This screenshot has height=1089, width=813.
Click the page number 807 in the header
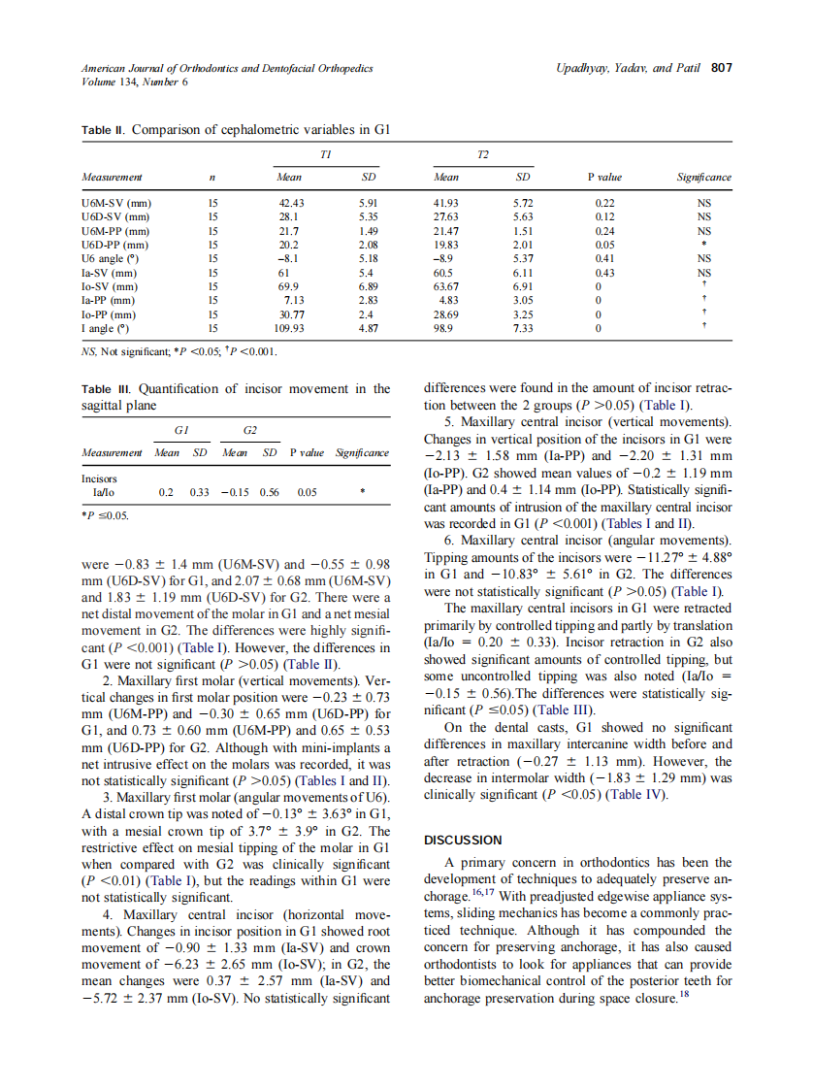pos(722,68)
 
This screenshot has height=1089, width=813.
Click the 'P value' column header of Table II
pos(604,177)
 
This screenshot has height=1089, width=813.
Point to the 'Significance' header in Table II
pos(703,177)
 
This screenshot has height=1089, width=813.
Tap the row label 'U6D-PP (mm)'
pos(114,246)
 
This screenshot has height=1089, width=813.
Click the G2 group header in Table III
pos(249,429)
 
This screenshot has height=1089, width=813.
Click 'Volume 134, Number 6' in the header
pos(134,82)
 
